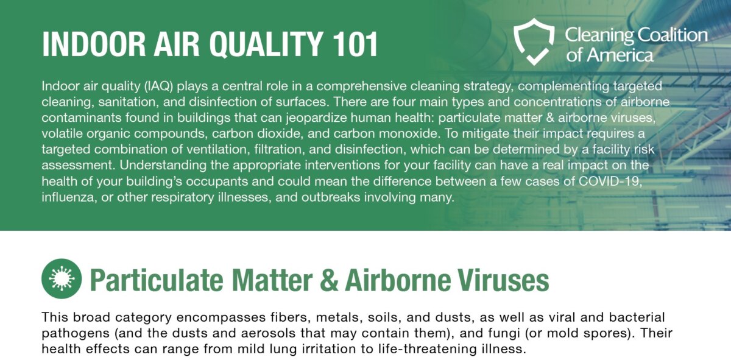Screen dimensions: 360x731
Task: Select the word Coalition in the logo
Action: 670,35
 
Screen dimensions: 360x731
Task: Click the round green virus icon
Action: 62,278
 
